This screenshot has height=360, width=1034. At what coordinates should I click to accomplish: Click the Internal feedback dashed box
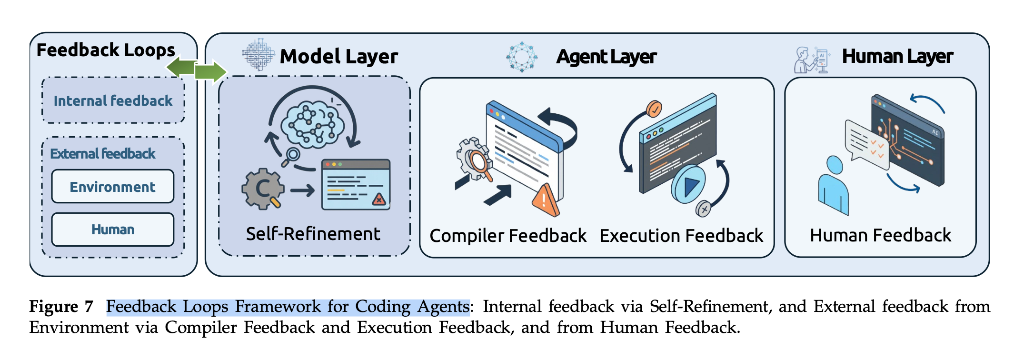point(113,100)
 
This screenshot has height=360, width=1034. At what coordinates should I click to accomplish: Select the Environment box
point(113,187)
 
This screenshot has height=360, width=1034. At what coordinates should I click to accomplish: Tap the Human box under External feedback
point(113,230)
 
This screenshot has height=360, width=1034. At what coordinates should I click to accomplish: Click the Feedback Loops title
point(106,50)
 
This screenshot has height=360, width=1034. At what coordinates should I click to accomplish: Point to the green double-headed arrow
point(196,70)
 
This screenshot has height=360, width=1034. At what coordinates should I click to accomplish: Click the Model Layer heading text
point(338,56)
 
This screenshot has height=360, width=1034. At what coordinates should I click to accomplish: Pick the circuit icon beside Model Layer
point(258,55)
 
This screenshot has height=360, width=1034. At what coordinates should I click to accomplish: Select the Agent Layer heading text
point(606,57)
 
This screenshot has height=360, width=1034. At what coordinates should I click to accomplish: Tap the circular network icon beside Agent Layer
point(522,57)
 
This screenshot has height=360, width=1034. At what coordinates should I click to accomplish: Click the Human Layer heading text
point(897,56)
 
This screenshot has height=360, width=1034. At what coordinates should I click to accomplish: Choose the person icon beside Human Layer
point(811,60)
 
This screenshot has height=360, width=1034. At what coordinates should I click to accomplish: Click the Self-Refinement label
point(313,234)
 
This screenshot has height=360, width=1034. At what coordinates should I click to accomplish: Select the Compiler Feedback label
point(508,236)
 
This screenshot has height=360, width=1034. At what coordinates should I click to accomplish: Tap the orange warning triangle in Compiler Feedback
point(545,200)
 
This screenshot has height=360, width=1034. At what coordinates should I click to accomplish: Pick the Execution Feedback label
point(681,236)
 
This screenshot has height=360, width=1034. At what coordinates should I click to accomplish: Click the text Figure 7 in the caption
point(61,306)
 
